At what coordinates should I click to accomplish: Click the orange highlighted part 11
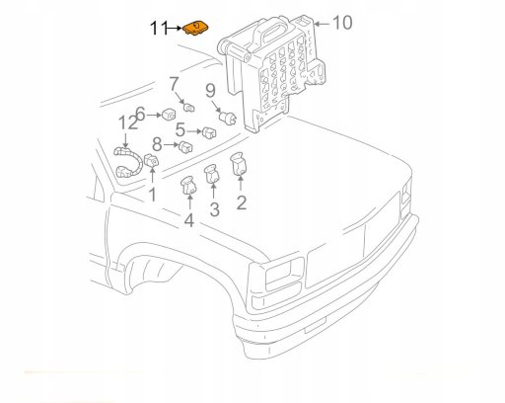196,28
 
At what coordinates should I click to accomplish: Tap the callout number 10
342,23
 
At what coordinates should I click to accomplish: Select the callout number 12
128,122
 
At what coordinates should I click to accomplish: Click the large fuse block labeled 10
272,72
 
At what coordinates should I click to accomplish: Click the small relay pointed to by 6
169,115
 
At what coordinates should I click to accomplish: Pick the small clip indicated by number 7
188,108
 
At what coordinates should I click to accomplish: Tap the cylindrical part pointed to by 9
227,118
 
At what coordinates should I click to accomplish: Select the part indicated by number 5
209,132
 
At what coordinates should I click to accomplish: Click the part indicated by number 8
185,146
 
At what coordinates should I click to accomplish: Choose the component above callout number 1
152,160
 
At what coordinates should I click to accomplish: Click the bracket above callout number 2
239,164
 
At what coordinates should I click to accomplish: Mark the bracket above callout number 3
212,174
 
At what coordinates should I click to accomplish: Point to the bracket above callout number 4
188,186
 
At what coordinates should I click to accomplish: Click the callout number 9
210,91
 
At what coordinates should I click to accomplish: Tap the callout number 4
189,220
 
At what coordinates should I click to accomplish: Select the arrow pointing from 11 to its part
175,29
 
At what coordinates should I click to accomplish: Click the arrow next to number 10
323,24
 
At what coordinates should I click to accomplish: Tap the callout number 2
242,202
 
